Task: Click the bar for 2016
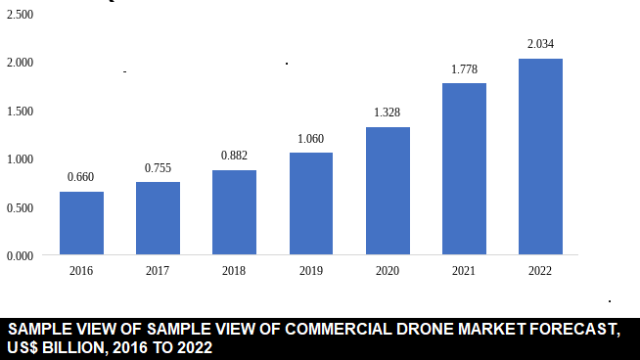(x=81, y=223)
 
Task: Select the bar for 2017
(x=158, y=218)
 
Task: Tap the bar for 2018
(x=234, y=212)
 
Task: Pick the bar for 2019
(x=311, y=203)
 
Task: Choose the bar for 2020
(x=388, y=191)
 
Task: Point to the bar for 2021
(x=464, y=169)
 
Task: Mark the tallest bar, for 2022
(x=540, y=157)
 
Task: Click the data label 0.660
(x=81, y=177)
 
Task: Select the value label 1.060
(x=311, y=138)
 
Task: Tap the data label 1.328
(x=388, y=112)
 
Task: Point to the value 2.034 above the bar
(x=540, y=44)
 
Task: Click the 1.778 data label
(x=464, y=68)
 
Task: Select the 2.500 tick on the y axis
(x=20, y=15)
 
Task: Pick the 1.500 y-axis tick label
(x=20, y=112)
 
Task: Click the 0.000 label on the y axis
(x=20, y=256)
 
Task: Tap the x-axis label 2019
(x=311, y=271)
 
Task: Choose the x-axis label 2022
(x=540, y=271)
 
